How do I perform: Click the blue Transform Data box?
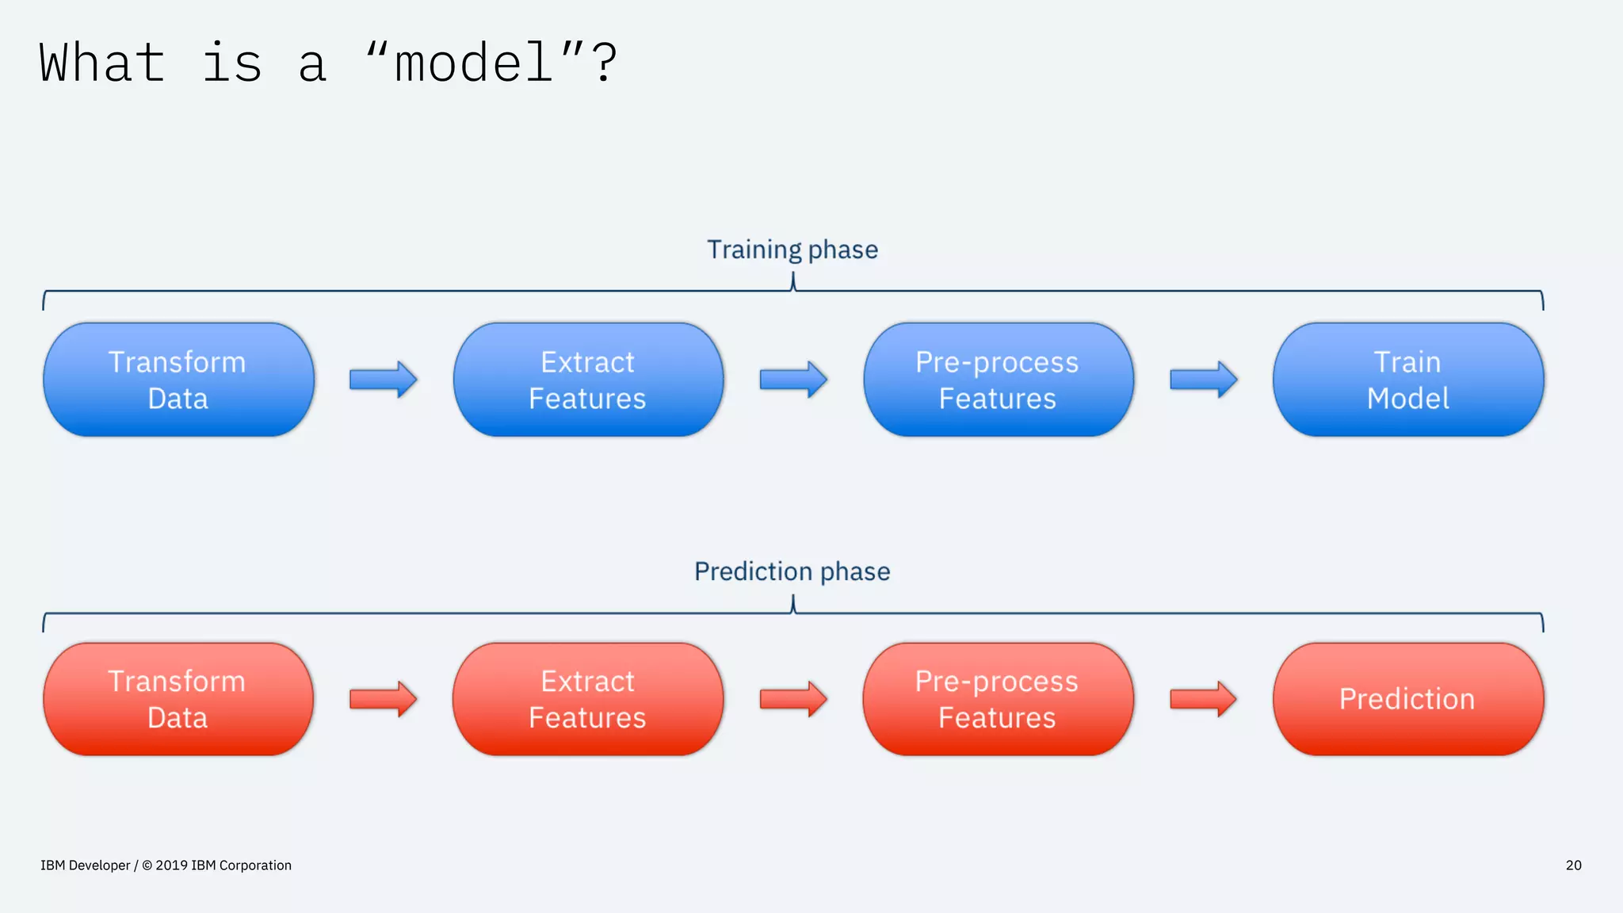178,380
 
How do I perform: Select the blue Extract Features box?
588,380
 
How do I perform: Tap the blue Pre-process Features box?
998,380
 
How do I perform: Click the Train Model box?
1407,380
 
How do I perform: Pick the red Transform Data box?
178,699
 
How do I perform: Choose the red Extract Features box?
588,699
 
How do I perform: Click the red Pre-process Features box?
998,699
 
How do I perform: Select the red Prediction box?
1407,699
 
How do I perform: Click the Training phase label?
792,250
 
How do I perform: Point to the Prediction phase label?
792,571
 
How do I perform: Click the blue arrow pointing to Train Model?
1203,380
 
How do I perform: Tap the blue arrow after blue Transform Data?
383,380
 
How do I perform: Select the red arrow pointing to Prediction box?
1203,699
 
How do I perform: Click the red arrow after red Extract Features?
792,699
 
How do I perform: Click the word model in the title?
473,63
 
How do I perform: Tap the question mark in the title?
604,63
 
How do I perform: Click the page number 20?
1573,865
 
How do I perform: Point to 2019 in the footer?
171,865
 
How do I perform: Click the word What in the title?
102,63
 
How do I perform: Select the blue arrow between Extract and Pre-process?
792,380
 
